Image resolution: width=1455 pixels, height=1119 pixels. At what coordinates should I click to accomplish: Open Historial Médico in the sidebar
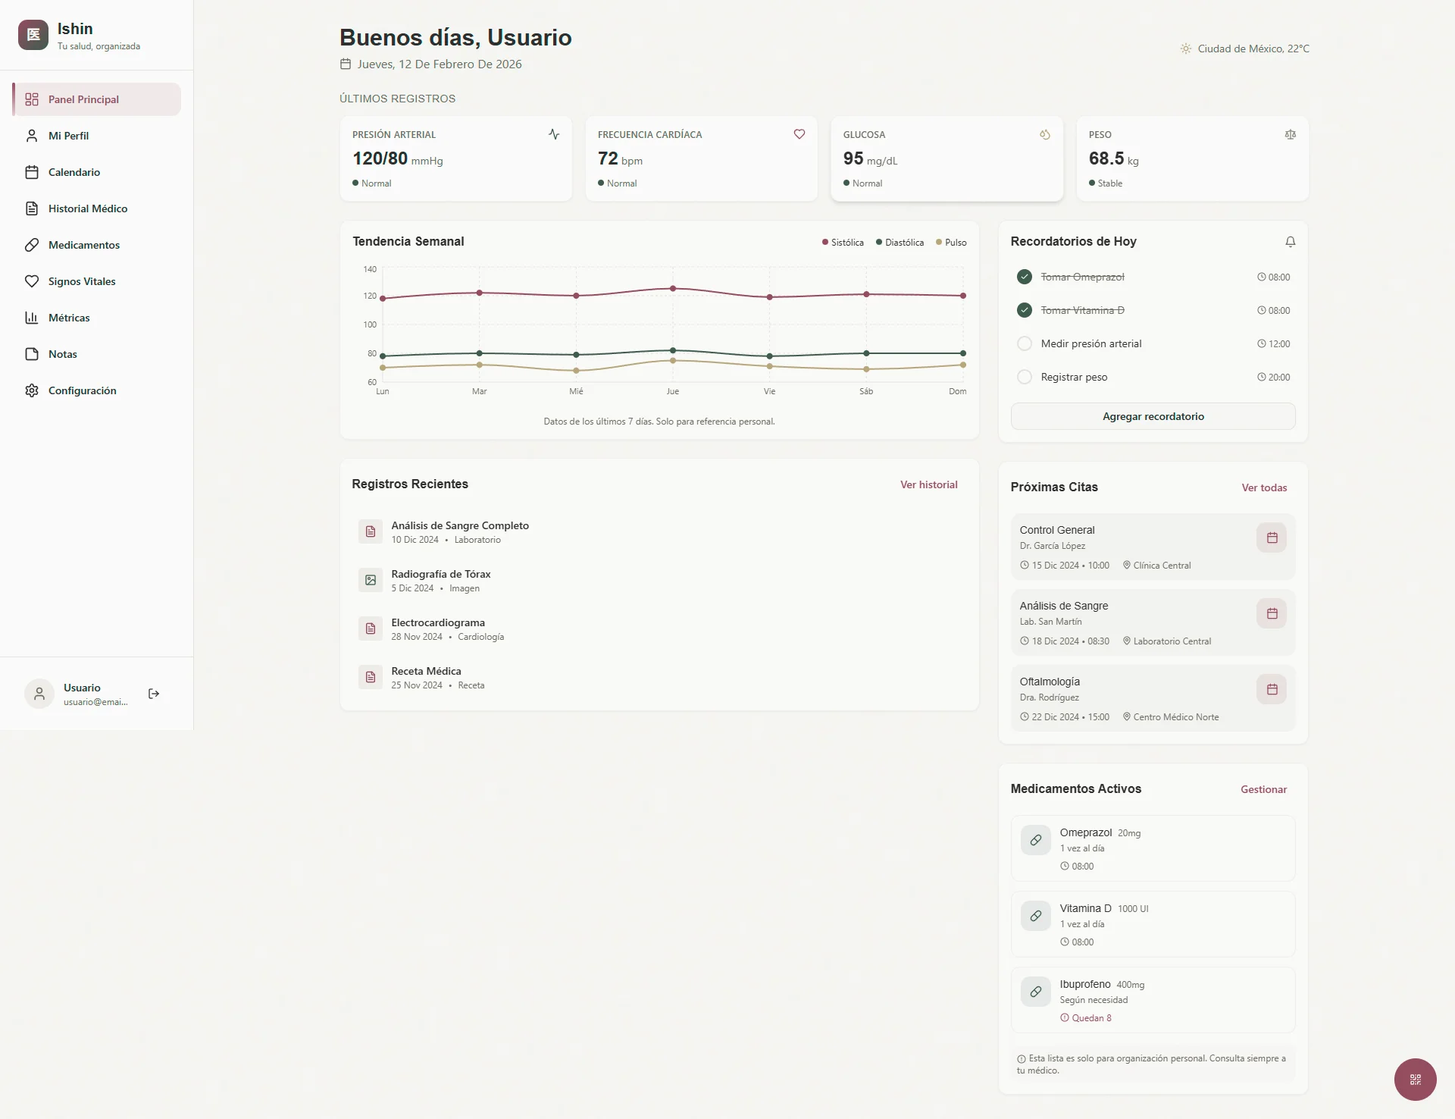(87, 208)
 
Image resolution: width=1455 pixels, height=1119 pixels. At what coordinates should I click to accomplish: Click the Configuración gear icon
(32, 390)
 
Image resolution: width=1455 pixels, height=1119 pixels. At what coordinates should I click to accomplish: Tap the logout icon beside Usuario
(154, 694)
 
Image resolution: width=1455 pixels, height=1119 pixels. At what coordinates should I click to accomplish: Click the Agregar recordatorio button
(1153, 416)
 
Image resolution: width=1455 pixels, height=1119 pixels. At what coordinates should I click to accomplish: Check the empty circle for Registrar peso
(1025, 377)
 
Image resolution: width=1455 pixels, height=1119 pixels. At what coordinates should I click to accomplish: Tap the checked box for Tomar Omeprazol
(1025, 277)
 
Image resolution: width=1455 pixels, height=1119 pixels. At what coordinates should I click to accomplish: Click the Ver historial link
(928, 484)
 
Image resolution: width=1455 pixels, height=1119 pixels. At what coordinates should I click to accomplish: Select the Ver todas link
(1264, 487)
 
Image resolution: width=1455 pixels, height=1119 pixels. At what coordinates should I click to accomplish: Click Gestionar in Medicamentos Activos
(1263, 789)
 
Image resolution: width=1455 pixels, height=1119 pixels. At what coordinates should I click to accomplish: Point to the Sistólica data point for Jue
(673, 289)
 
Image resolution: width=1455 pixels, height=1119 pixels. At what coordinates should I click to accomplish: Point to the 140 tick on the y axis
(370, 269)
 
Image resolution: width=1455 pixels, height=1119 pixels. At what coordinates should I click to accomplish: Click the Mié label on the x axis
(576, 391)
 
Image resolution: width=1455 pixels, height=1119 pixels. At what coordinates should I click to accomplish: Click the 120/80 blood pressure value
(380, 158)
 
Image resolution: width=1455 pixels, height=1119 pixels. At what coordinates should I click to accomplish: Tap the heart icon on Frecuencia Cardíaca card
(799, 134)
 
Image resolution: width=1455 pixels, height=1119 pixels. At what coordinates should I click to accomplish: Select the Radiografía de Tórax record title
(441, 574)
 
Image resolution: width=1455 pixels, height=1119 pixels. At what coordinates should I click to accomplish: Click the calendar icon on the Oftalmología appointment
(1272, 689)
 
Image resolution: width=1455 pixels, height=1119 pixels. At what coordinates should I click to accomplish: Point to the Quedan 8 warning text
(1091, 1018)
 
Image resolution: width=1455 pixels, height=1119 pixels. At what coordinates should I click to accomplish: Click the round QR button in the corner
(1415, 1079)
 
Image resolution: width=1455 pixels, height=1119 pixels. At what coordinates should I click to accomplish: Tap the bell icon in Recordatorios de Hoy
(1291, 242)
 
